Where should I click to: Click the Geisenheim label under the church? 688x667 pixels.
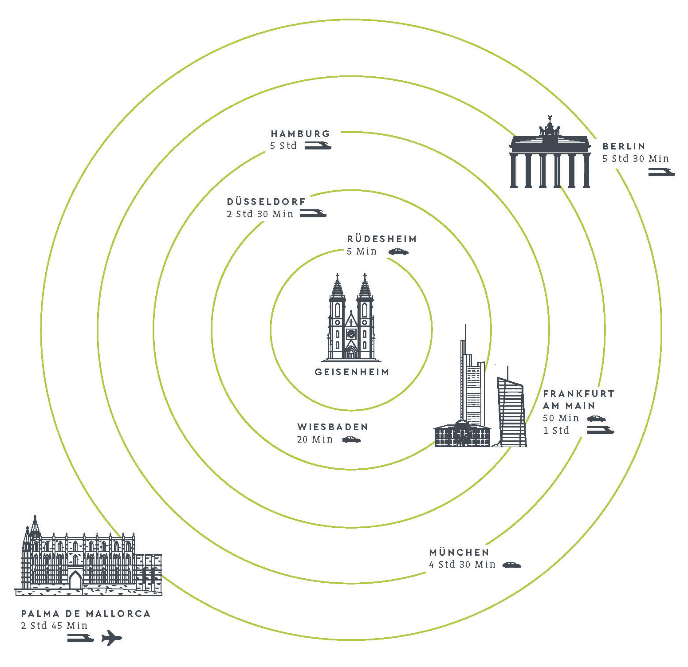[x=352, y=372]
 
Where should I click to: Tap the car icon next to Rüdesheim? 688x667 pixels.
[x=398, y=252]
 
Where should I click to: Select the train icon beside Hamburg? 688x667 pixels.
[x=318, y=145]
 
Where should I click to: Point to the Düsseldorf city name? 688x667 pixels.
[x=266, y=201]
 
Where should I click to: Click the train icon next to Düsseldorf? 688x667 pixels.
[x=313, y=213]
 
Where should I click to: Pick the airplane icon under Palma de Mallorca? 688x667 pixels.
[x=111, y=638]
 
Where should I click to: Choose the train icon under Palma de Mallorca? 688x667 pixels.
[x=81, y=638]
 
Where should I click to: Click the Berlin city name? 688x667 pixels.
[x=624, y=146]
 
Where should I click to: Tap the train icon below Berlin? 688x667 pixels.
[x=661, y=172]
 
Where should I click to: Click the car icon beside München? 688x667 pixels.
[x=511, y=565]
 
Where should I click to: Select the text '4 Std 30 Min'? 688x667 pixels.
[x=462, y=565]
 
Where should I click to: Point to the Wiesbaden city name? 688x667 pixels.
[x=333, y=427]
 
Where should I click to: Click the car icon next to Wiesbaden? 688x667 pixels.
[x=351, y=440]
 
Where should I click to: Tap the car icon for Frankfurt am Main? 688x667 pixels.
[x=597, y=418]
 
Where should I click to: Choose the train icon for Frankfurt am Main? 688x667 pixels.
[x=601, y=429]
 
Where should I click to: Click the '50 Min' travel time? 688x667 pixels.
[x=561, y=418]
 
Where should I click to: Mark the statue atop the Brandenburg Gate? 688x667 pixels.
[x=550, y=126]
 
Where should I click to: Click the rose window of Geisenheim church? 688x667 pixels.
[x=351, y=333]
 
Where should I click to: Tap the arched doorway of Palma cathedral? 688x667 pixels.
[x=75, y=580]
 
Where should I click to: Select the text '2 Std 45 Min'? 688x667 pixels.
[x=54, y=626]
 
